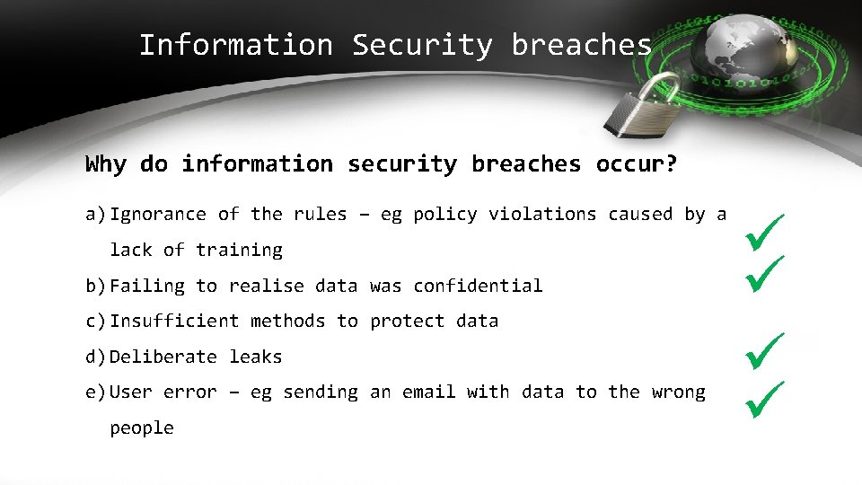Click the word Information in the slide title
pyautogui.click(x=235, y=45)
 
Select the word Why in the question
pyautogui.click(x=106, y=164)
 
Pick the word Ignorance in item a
pyautogui.click(x=158, y=215)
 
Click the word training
pyautogui.click(x=239, y=250)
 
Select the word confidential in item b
pyautogui.click(x=478, y=286)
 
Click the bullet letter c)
pyautogui.click(x=96, y=322)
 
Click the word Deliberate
pyautogui.click(x=163, y=357)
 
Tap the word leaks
pyautogui.click(x=256, y=357)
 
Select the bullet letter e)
pyautogui.click(x=96, y=392)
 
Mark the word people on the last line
pyautogui.click(x=142, y=428)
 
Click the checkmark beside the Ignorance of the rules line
pyautogui.click(x=765, y=231)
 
